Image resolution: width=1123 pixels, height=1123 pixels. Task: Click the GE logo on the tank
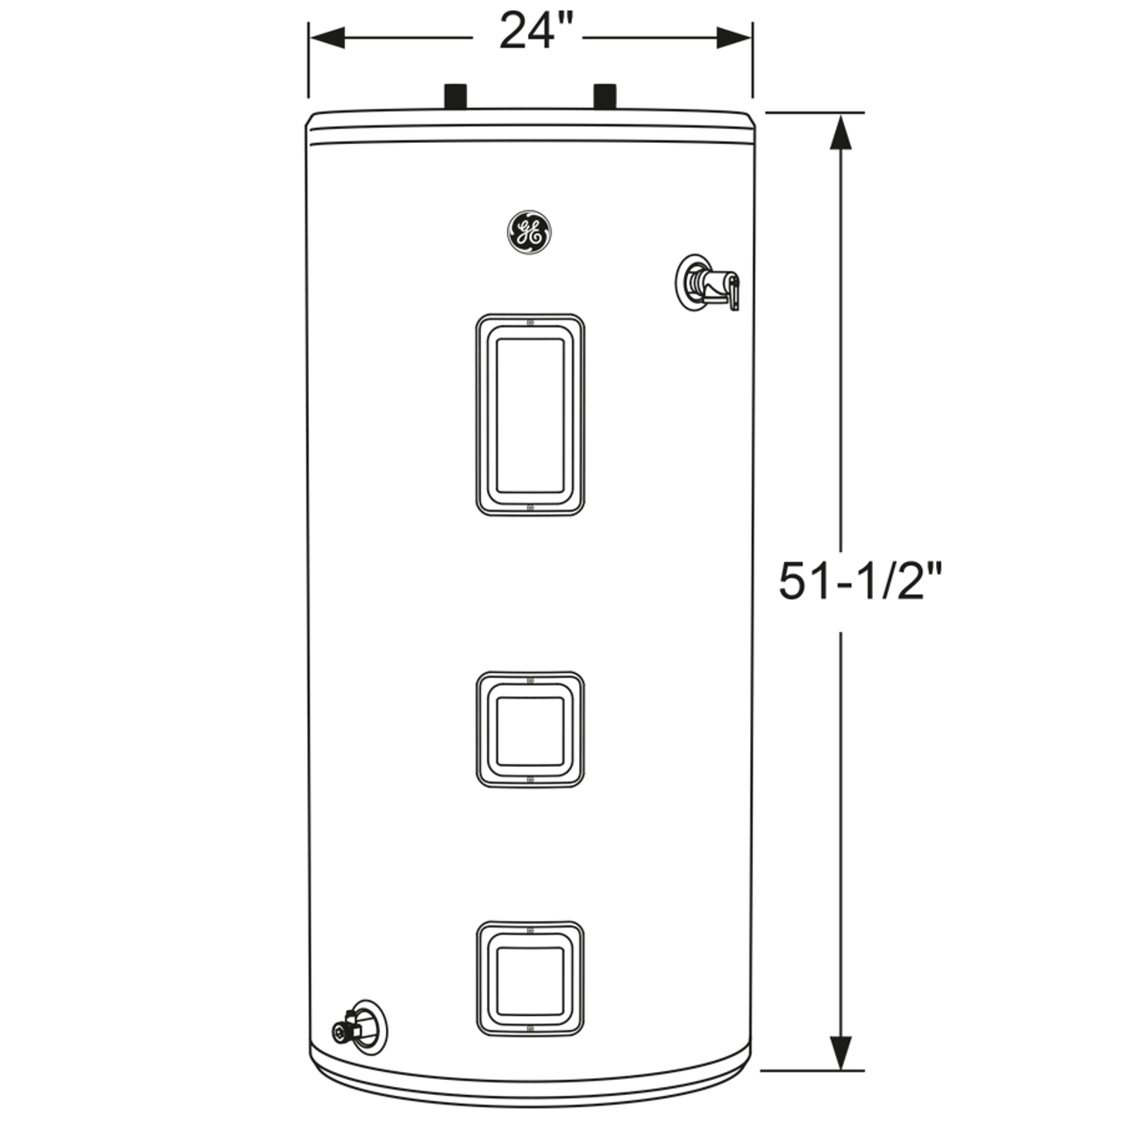[x=529, y=233]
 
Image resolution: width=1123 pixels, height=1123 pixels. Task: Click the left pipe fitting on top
[x=457, y=97]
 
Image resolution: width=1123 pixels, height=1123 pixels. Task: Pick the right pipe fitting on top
[x=604, y=97]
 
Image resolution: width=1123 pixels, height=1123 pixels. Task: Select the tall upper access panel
[x=530, y=414]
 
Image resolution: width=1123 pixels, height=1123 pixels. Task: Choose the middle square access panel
[x=530, y=730]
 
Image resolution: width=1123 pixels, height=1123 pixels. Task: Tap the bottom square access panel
[x=530, y=978]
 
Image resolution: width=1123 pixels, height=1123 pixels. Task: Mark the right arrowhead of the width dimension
[x=734, y=37]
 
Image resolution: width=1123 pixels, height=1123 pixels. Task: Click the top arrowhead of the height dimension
[x=840, y=132]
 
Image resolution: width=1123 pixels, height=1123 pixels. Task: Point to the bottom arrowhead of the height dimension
[x=840, y=1052]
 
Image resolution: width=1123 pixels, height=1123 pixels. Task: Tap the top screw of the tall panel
[x=530, y=322]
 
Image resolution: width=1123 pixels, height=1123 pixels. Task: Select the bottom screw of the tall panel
[x=530, y=507]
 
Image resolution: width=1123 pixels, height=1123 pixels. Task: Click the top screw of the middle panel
[x=530, y=680]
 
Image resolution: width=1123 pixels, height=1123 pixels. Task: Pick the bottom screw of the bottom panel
[x=530, y=1027]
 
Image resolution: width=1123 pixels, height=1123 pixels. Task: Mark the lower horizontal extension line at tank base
[x=812, y=1070]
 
